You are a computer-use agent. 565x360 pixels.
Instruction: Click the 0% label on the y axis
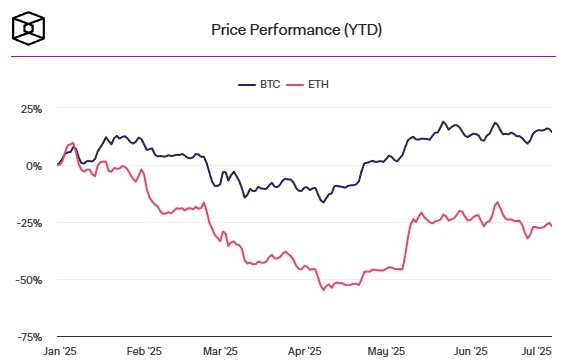tap(34, 165)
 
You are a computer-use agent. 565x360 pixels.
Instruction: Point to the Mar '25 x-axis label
tap(220, 351)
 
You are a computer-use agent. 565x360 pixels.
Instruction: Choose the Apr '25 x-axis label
tap(304, 351)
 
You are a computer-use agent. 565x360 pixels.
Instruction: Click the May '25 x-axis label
tap(386, 351)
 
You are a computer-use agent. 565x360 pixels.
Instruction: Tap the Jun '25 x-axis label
tap(470, 351)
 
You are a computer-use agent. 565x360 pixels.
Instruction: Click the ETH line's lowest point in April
tap(323, 290)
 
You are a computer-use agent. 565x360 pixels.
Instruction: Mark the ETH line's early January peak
tap(73, 143)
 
